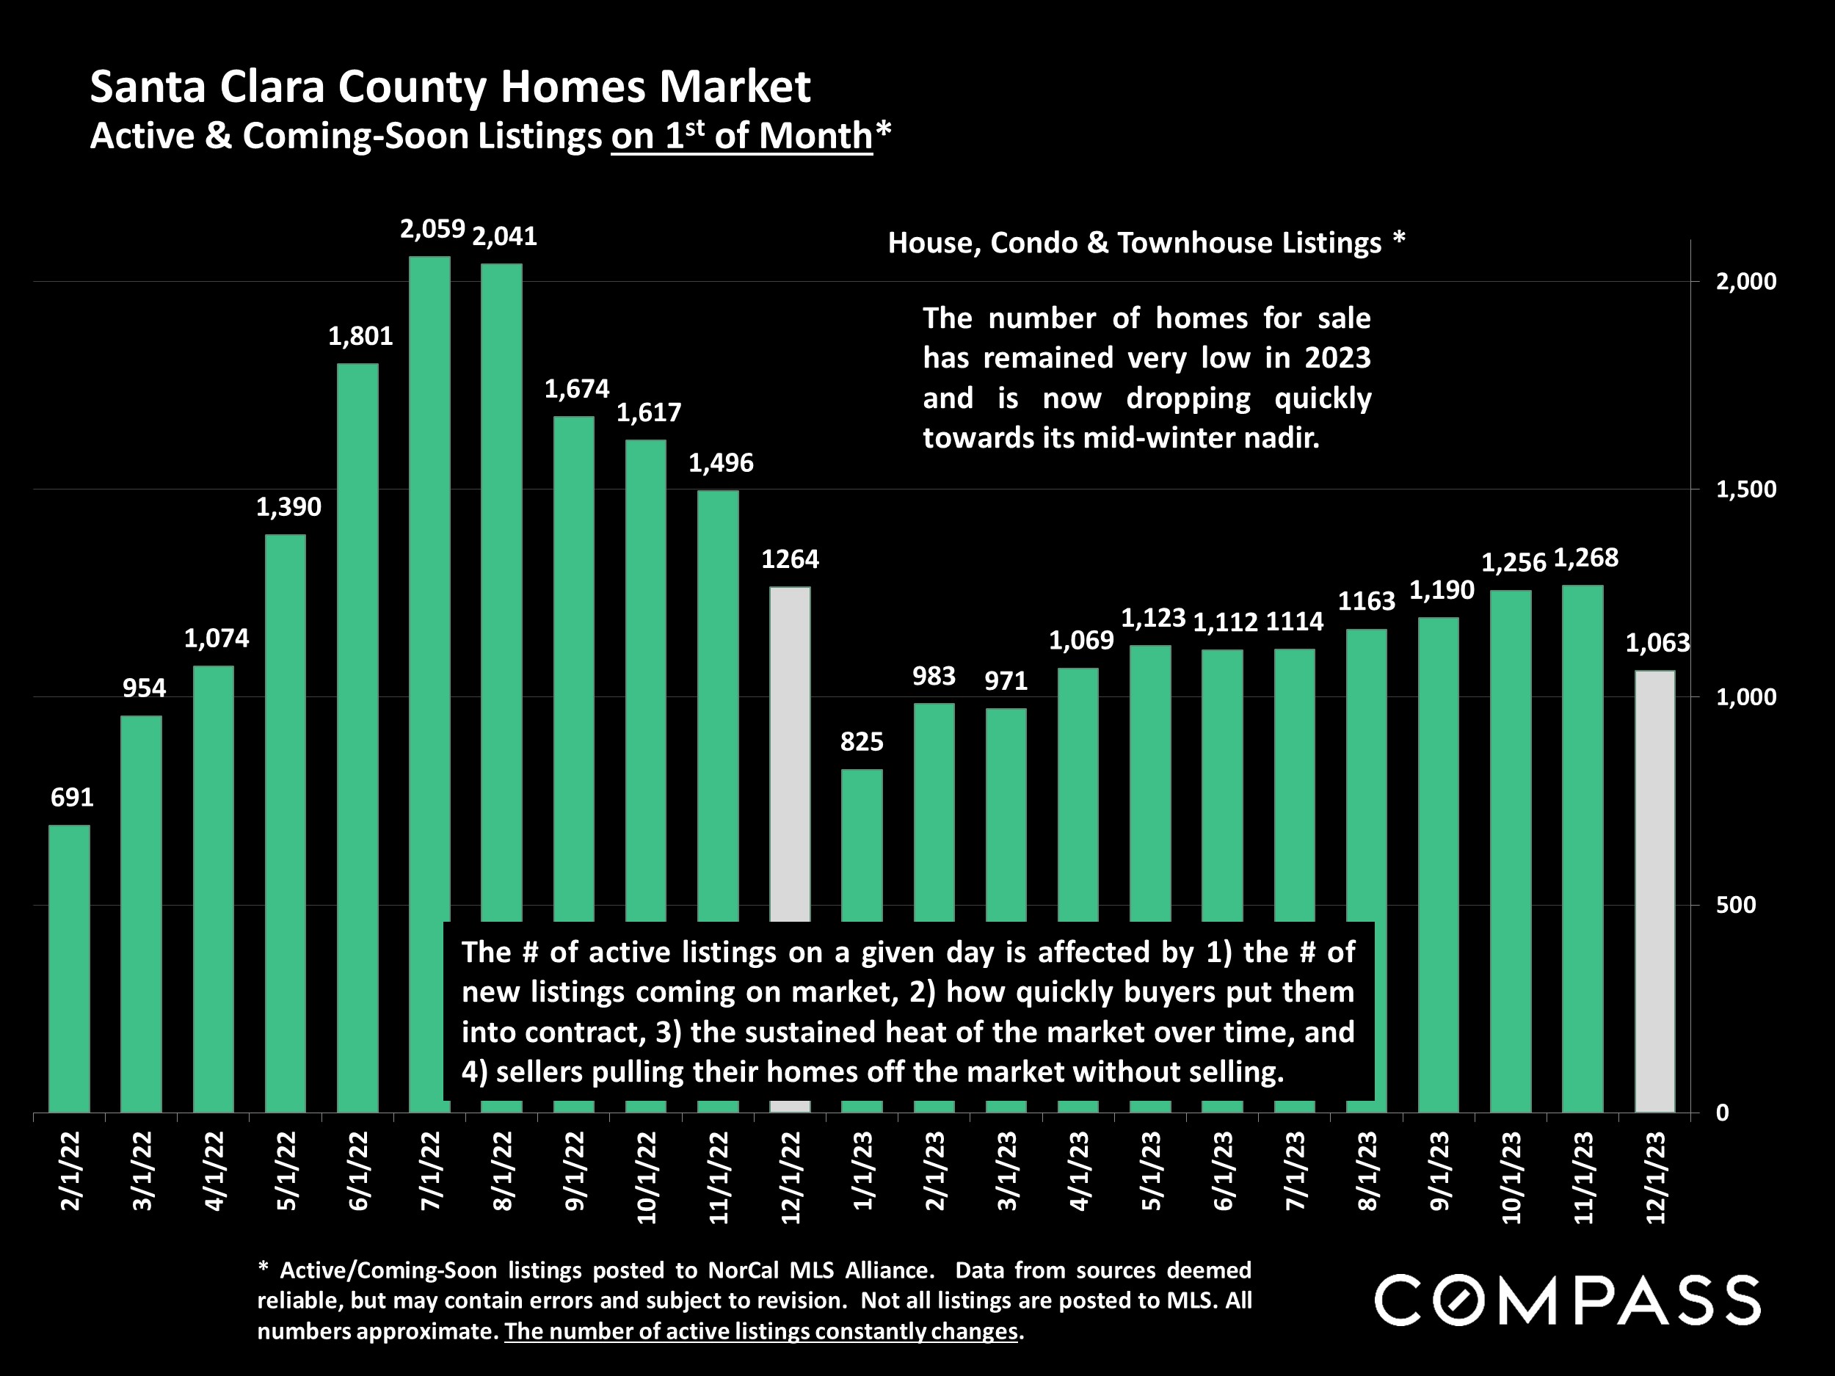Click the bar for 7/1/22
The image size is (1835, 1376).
pos(429,580)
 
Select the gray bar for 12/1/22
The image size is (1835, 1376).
pos(790,746)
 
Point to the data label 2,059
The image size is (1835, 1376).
pos(432,230)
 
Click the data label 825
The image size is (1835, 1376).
pos(862,741)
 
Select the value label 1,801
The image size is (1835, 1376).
pos(360,336)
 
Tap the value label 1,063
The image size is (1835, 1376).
pos(1657,643)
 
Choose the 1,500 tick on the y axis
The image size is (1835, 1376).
pos(1746,489)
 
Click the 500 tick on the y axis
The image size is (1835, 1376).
pos(1735,905)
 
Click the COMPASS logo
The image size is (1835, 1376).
pos(1567,1300)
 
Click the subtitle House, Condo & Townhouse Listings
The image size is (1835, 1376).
pos(1135,243)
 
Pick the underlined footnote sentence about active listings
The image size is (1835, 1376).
pos(760,1331)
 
